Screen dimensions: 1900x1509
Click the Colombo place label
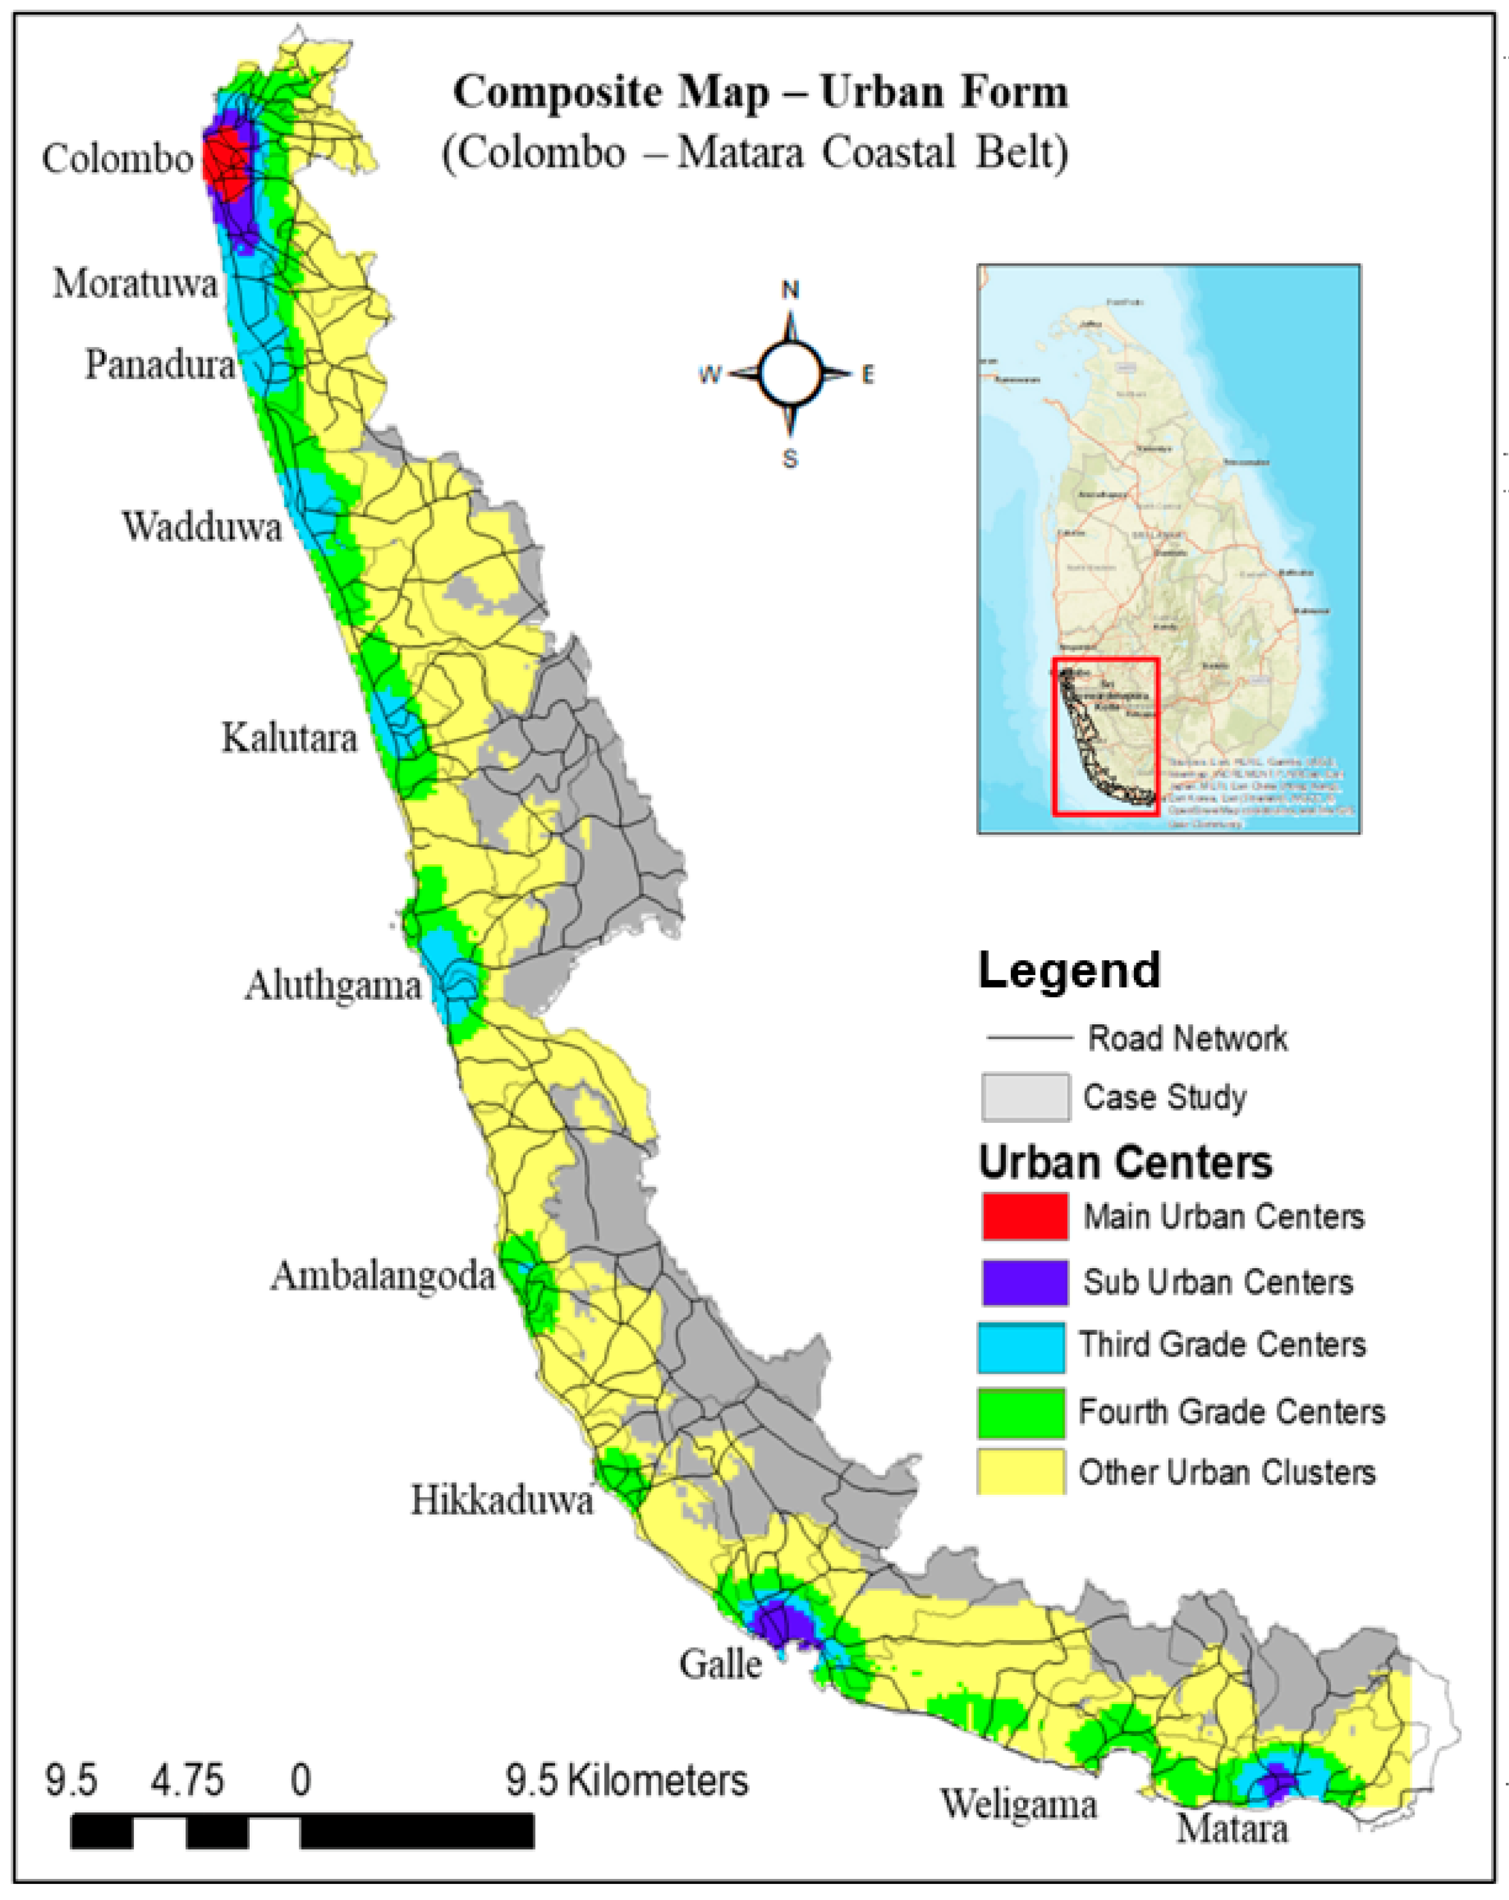pos(117,159)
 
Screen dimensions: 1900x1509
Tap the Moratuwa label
pos(135,284)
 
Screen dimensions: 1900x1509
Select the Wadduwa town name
pos(202,527)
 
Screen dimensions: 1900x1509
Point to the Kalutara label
pos(289,737)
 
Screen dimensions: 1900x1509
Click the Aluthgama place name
pos(333,985)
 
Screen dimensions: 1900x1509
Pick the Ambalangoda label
pos(383,1276)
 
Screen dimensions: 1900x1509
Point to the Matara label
pos(1232,1828)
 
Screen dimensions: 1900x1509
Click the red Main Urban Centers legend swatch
pos(1025,1216)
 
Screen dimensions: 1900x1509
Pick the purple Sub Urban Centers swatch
pos(1025,1282)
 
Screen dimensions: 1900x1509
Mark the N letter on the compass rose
pos(791,290)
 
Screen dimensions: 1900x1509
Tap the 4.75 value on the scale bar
pos(187,1781)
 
